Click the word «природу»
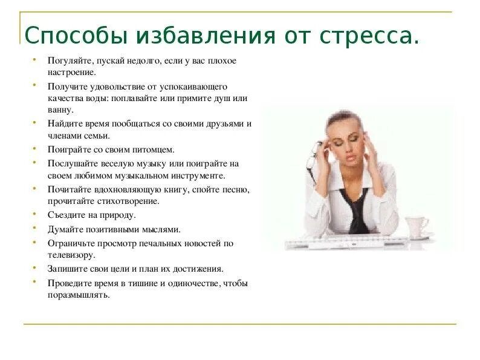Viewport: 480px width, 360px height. [118, 215]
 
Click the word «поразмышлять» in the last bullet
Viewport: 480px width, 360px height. [79, 295]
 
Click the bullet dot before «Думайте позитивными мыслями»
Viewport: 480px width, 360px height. [35, 229]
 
